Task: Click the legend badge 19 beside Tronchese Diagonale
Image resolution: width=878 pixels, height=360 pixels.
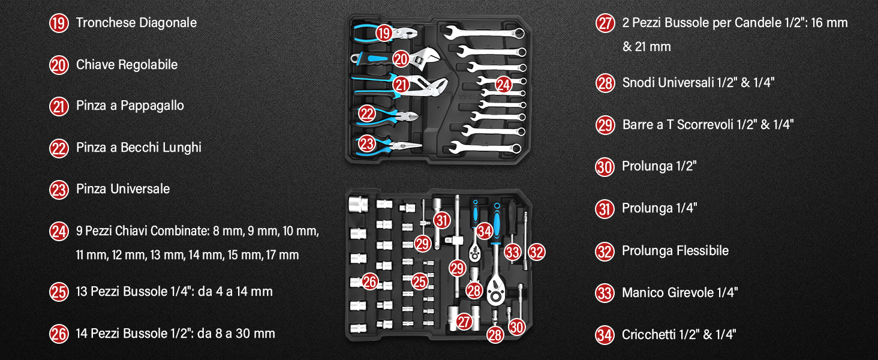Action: (59, 23)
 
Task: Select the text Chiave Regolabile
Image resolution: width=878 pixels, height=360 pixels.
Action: (127, 64)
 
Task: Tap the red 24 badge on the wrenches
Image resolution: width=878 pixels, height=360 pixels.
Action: (503, 85)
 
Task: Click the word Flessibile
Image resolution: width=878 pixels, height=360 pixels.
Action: (703, 251)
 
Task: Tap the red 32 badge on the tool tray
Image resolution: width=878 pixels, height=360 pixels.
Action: (537, 252)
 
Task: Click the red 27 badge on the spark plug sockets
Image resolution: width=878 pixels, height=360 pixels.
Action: (464, 322)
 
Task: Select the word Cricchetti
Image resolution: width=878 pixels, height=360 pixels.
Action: (648, 335)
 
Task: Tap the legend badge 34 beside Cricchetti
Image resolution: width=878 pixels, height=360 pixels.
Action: (605, 335)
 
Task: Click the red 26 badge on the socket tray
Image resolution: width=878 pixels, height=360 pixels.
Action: (369, 281)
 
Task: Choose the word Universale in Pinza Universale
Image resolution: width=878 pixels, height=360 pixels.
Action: (140, 189)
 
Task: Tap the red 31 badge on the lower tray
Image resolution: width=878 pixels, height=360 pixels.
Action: (442, 220)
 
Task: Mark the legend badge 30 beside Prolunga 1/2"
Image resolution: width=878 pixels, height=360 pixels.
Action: (605, 167)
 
